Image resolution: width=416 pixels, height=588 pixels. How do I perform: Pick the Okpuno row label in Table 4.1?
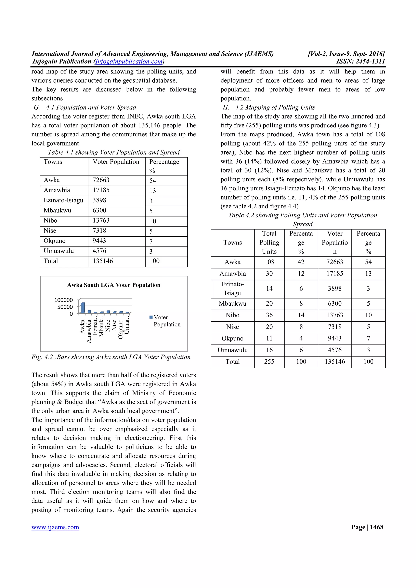pyautogui.click(x=55, y=241)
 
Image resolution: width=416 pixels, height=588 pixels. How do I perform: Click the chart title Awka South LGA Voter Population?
pyautogui.click(x=114, y=285)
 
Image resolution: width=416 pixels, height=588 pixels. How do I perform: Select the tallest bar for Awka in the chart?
pyautogui.click(x=83, y=308)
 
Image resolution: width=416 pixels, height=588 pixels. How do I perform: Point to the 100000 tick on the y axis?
pyautogui.click(x=63, y=300)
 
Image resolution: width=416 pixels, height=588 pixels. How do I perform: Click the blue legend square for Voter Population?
pyautogui.click(x=151, y=317)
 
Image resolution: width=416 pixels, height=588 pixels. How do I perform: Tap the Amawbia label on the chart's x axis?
pyautogui.click(x=89, y=331)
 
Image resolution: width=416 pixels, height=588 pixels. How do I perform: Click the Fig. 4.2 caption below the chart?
pyautogui.click(x=111, y=357)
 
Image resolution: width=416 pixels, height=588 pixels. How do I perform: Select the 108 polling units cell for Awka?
pyautogui.click(x=269, y=262)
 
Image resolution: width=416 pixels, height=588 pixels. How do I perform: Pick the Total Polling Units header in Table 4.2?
pyautogui.click(x=269, y=242)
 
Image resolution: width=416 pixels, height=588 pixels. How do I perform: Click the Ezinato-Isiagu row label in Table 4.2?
pyautogui.click(x=233, y=289)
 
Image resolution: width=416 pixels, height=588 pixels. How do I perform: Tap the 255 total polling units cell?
pyautogui.click(x=269, y=362)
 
